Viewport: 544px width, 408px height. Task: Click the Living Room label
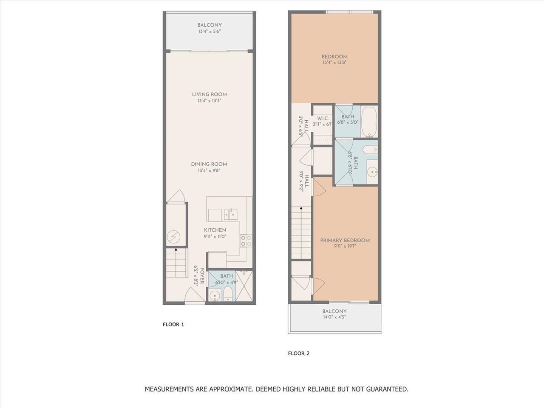(209, 94)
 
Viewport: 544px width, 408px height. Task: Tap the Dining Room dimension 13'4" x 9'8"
(209, 170)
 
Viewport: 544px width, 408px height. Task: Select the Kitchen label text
(215, 230)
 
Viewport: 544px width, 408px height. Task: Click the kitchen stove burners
(246, 241)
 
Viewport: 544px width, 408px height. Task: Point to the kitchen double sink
(230, 214)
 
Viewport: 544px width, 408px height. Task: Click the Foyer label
(202, 276)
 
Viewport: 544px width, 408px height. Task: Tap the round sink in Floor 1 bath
(214, 295)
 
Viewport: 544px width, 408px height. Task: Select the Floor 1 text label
(173, 325)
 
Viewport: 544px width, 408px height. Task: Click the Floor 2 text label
(299, 354)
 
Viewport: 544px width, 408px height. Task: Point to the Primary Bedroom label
(345, 241)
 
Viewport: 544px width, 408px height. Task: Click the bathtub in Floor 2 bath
(369, 122)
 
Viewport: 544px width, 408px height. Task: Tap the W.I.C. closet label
(323, 119)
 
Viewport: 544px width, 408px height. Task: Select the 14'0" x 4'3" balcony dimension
(334, 317)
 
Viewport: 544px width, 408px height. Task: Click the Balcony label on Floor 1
(210, 25)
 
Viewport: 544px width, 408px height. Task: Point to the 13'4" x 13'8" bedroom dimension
(334, 62)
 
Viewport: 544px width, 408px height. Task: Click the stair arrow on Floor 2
(301, 233)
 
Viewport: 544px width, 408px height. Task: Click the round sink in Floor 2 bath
(372, 172)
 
